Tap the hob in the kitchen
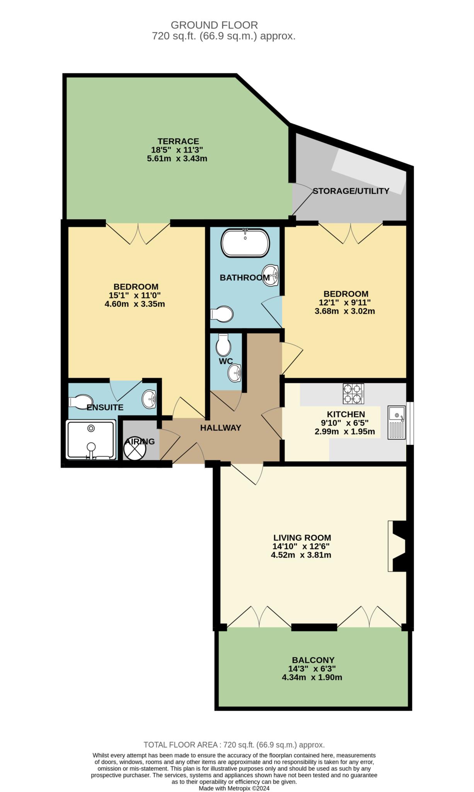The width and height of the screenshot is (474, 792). point(353,394)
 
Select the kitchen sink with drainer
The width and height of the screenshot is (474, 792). point(397,422)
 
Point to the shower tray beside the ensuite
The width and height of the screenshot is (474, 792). point(91,440)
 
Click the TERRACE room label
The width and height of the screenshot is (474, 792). point(178,141)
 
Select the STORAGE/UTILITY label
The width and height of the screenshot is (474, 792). point(351,191)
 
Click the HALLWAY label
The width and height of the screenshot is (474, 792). point(221,428)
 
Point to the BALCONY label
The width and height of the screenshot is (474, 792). point(313,660)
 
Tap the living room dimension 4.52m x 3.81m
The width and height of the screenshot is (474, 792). point(301,555)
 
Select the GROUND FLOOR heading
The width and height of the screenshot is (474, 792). point(214,25)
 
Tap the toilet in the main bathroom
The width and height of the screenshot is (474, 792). point(222,314)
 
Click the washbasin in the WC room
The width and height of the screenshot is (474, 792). point(235,373)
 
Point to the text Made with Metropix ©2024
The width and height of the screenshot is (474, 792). point(234,788)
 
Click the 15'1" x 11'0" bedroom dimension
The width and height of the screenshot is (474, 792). point(135,295)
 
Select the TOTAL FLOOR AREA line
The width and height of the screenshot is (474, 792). point(234,744)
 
